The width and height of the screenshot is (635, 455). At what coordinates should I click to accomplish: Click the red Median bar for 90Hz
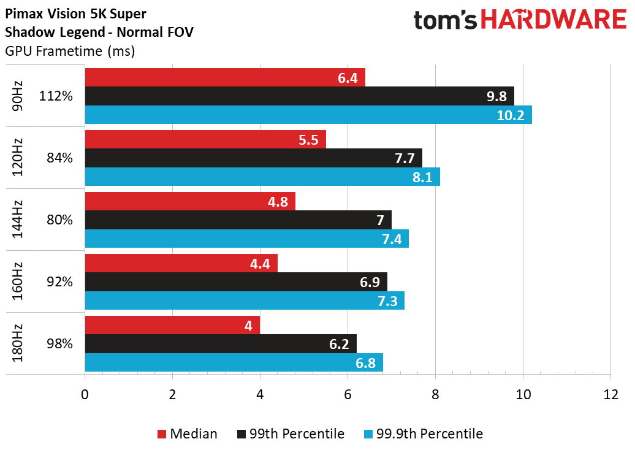coord(225,77)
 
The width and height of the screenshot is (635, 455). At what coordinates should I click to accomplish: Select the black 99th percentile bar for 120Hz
coord(254,158)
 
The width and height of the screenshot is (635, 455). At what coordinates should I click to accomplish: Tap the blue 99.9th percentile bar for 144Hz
coord(246,239)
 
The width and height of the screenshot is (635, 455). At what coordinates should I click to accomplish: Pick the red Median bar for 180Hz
coord(172,325)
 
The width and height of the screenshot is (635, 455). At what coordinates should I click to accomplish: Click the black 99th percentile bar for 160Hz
coord(236,281)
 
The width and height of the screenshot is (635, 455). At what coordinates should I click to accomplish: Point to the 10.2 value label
coord(510,115)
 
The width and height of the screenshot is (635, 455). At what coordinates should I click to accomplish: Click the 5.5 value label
coord(308,140)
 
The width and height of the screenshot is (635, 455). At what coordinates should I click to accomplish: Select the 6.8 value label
coord(365,363)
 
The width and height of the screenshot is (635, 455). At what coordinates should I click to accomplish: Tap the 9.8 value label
coord(496,96)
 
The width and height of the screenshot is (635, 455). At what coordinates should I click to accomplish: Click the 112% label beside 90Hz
coord(56,96)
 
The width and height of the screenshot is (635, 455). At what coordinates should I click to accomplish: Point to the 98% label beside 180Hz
coord(59,343)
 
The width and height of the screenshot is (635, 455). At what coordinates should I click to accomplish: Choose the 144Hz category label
coord(17,219)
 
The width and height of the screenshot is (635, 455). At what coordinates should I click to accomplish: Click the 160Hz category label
coord(17,281)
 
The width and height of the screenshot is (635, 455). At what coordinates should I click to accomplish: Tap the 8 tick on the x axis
coord(435,394)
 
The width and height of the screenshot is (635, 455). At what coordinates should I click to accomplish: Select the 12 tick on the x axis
coord(610,394)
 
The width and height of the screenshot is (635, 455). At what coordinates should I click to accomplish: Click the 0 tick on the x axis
coord(85,394)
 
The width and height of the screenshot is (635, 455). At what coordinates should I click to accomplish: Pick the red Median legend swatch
coord(162,434)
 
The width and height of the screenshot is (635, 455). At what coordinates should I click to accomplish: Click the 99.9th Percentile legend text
coord(429,434)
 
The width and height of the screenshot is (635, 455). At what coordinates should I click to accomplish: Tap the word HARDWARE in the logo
coord(553,20)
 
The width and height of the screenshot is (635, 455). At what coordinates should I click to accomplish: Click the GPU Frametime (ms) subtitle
coord(70,51)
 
